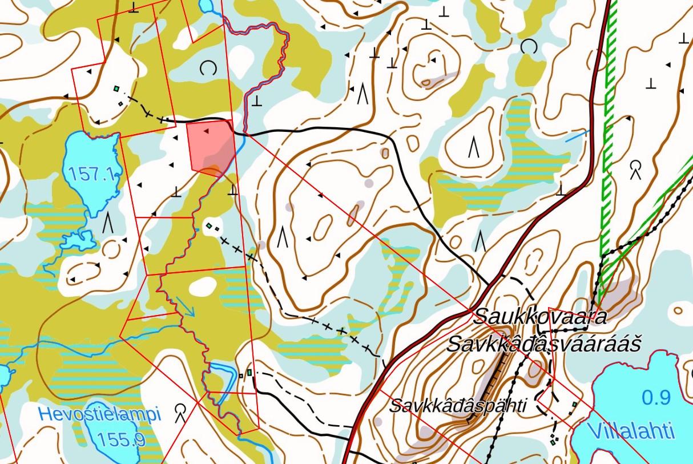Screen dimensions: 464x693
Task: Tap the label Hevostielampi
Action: pyautogui.click(x=99, y=414)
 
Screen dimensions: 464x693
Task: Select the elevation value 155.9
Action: pyautogui.click(x=121, y=439)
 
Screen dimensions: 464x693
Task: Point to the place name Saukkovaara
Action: pyautogui.click(x=539, y=316)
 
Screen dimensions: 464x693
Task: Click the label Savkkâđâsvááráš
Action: pyautogui.click(x=543, y=344)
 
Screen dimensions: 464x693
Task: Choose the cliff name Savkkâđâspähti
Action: pyautogui.click(x=457, y=406)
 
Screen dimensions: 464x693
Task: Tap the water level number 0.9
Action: pyautogui.click(x=656, y=397)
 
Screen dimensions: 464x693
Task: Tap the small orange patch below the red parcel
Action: pyautogui.click(x=211, y=170)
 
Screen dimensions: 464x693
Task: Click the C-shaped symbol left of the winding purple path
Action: pyautogui.click(x=208, y=69)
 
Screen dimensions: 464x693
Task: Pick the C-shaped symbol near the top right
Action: pyautogui.click(x=529, y=47)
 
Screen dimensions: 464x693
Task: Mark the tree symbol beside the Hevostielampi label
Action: pyautogui.click(x=182, y=411)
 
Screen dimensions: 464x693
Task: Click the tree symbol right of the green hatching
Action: pyautogui.click(x=635, y=169)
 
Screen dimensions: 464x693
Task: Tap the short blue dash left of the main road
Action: pyautogui.click(x=578, y=136)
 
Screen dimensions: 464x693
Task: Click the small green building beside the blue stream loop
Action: pyautogui.click(x=249, y=373)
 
